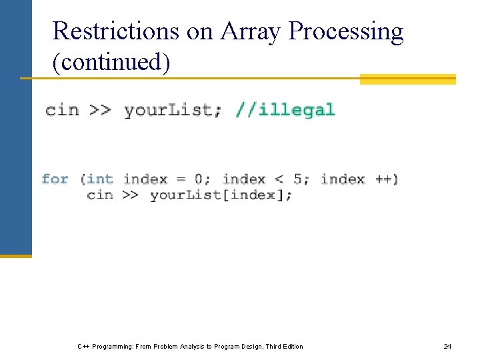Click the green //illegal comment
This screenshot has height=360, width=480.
(x=285, y=110)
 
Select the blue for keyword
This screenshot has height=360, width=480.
(x=55, y=179)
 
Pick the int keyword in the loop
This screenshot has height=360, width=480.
(x=100, y=179)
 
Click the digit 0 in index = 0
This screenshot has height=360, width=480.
(x=199, y=179)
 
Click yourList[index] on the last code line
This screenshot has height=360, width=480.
(x=220, y=195)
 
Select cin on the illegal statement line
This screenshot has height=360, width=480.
(x=62, y=110)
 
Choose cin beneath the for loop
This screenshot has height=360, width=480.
(x=100, y=195)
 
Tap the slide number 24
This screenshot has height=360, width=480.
(x=447, y=346)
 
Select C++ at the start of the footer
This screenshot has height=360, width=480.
(x=84, y=346)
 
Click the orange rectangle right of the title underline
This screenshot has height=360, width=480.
(x=407, y=79)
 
